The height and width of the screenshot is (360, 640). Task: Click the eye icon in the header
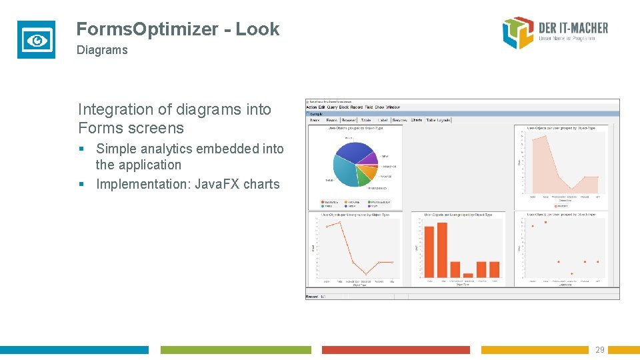coord(36,40)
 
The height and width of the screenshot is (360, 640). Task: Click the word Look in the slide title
coord(257,29)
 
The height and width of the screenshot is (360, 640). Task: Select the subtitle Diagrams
coord(102,50)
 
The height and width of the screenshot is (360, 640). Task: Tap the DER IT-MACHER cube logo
coord(519,33)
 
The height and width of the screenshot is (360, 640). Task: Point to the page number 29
coord(599,350)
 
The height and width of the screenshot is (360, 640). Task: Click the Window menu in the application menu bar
coord(393,107)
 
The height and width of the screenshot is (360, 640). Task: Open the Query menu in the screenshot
coord(333,107)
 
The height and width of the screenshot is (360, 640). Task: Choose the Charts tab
coord(417,121)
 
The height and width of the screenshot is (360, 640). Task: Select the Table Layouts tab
coord(439,121)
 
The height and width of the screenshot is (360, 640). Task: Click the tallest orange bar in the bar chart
coord(442,249)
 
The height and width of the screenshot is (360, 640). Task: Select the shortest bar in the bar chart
coord(469,275)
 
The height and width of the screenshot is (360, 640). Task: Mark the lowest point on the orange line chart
coord(366,273)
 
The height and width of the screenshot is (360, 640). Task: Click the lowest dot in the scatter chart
coord(571,273)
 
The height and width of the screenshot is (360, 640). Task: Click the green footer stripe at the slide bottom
coord(235,350)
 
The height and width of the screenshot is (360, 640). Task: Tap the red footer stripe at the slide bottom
coord(395,350)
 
